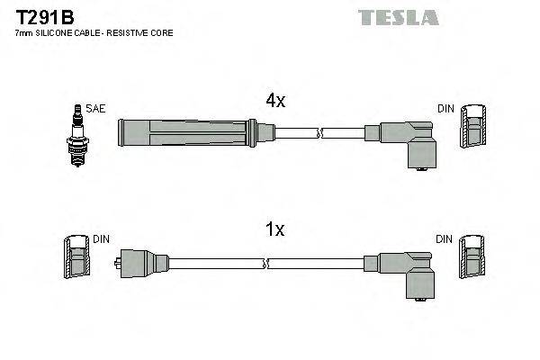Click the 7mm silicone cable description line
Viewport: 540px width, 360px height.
coord(94,33)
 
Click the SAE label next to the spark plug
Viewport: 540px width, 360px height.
coord(96,109)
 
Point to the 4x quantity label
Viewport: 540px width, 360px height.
coord(274,102)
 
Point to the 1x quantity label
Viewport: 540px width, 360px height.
coord(274,229)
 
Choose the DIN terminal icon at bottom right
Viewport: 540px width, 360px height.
coord(474,259)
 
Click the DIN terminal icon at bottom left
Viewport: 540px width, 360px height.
coord(78,259)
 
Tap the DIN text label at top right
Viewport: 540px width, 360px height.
coord(445,109)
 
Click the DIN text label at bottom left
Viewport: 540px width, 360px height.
coord(102,239)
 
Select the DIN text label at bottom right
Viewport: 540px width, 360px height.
coord(445,239)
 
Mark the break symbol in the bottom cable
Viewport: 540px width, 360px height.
coord(267,264)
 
